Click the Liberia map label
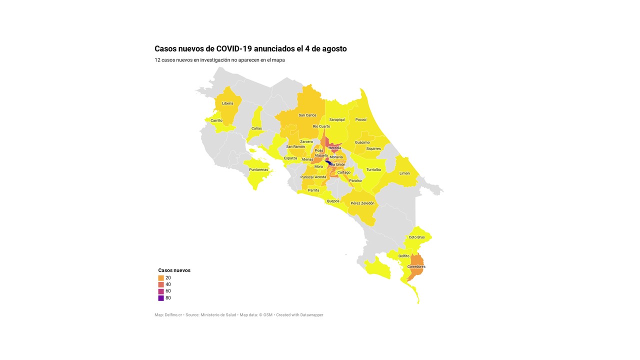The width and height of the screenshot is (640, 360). click(x=227, y=103)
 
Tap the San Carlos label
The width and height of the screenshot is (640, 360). click(x=307, y=115)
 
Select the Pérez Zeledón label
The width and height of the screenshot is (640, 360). click(x=362, y=203)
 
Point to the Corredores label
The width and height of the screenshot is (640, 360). click(x=416, y=266)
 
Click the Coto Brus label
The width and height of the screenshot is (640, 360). click(x=416, y=237)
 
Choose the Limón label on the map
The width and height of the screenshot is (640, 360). click(x=404, y=173)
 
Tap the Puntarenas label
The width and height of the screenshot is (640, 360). click(x=258, y=169)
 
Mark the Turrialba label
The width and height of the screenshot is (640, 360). click(x=373, y=169)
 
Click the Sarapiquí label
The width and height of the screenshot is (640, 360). click(x=337, y=119)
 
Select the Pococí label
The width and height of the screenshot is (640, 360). click(x=361, y=119)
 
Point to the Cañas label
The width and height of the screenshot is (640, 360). click(x=256, y=128)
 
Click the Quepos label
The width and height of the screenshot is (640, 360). click(x=333, y=201)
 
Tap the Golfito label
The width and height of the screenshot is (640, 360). click(x=404, y=256)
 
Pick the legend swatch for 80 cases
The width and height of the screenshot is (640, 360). click(x=161, y=298)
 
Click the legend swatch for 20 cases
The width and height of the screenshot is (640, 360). click(x=161, y=278)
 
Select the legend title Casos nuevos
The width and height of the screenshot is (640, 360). click(x=174, y=270)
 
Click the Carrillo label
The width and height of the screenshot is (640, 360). click(x=216, y=120)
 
